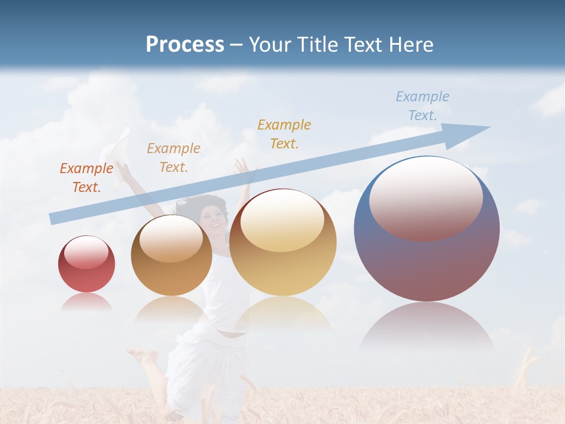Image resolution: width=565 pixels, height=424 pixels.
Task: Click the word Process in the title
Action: [185, 45]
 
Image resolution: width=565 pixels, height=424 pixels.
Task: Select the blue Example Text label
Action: [423, 106]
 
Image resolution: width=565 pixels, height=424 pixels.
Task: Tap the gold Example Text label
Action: [284, 134]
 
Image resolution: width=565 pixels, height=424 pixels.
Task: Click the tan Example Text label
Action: [174, 158]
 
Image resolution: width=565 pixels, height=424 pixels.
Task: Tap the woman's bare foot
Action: [141, 355]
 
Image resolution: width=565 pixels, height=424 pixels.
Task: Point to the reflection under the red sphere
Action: [87, 302]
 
